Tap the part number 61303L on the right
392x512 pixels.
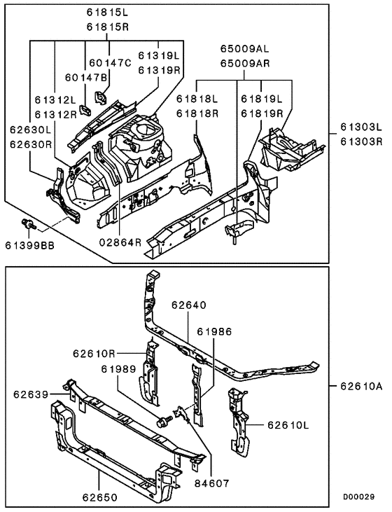[x=362, y=128]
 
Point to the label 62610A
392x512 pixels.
[x=360, y=385]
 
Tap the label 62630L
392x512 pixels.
[x=29, y=129]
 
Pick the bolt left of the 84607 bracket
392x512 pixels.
[x=166, y=422]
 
